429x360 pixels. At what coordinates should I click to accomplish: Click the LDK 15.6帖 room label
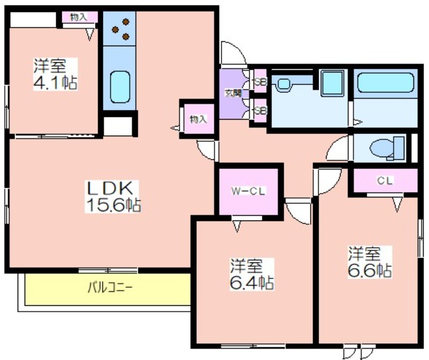pyautogui.click(x=113, y=196)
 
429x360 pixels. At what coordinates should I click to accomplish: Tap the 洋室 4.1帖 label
pyautogui.click(x=55, y=74)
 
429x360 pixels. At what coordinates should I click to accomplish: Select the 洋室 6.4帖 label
pyautogui.click(x=252, y=274)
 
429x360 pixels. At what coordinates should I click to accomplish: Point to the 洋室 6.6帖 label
pyautogui.click(x=369, y=262)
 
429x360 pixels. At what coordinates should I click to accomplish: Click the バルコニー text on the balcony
pyautogui.click(x=110, y=288)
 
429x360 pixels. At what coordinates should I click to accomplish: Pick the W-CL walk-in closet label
pyautogui.click(x=248, y=191)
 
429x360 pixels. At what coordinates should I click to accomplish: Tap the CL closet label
pyautogui.click(x=385, y=180)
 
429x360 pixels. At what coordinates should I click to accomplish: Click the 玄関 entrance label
pyautogui.click(x=233, y=93)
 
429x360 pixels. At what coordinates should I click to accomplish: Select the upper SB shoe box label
pyautogui.click(x=261, y=82)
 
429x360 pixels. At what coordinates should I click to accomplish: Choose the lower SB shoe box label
pyautogui.click(x=261, y=111)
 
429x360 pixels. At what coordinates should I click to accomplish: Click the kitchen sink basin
pyautogui.click(x=120, y=87)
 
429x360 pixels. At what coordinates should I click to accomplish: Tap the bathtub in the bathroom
pyautogui.click(x=386, y=83)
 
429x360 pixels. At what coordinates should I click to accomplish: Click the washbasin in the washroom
pyautogui.click(x=285, y=84)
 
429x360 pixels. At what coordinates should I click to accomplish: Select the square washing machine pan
pyautogui.click(x=332, y=83)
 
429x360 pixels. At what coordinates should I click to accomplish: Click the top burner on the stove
pyautogui.click(x=125, y=21)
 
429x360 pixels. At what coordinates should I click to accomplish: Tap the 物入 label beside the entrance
pyautogui.click(x=198, y=119)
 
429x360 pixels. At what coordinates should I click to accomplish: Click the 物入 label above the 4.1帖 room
pyautogui.click(x=79, y=17)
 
